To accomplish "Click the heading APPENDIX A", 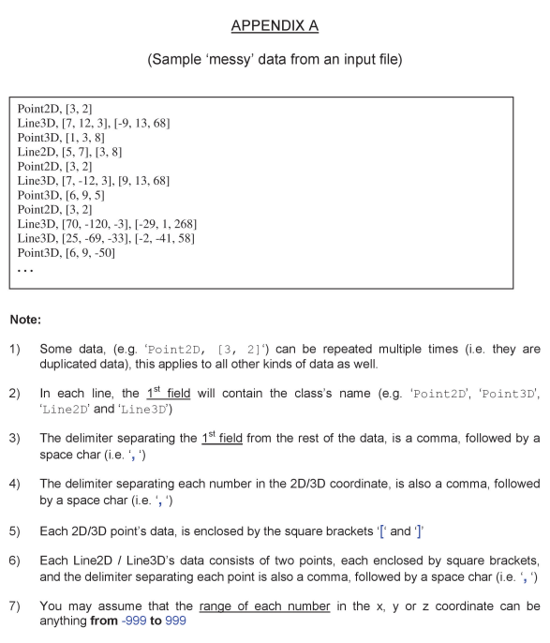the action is [275, 25].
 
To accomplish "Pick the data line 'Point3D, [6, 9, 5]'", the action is [64, 194].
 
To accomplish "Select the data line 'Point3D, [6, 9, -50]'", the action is [67, 253].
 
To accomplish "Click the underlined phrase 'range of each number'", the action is [280, 606].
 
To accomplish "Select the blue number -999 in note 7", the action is [134, 620].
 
